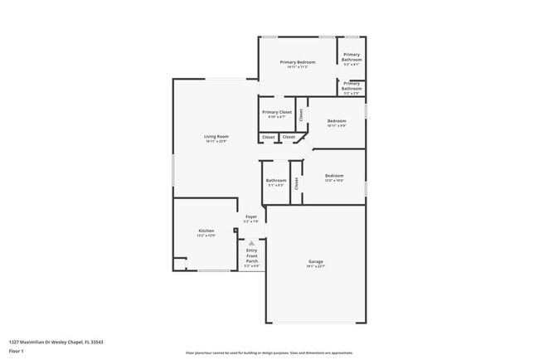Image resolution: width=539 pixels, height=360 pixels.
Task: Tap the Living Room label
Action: click(x=216, y=136)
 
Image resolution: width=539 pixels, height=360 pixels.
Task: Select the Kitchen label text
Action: click(x=206, y=231)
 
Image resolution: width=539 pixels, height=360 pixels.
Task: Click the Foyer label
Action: click(x=250, y=216)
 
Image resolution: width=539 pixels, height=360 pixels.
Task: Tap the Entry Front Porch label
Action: click(x=251, y=255)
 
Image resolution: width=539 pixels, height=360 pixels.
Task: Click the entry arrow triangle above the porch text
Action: click(x=251, y=243)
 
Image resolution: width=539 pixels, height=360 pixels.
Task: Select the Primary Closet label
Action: click(x=277, y=112)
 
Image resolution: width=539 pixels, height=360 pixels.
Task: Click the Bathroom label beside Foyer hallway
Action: click(x=275, y=180)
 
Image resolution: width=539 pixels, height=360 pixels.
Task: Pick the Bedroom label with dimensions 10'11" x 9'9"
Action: click(x=335, y=120)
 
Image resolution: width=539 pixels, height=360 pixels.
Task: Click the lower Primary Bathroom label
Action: click(x=352, y=85)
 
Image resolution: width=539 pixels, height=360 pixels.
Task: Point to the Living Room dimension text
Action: click(x=216, y=141)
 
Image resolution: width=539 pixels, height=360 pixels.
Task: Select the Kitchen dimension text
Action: click(x=206, y=236)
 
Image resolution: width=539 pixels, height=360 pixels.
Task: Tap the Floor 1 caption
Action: click(x=17, y=351)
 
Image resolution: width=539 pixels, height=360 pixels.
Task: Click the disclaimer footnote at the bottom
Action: click(x=269, y=353)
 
